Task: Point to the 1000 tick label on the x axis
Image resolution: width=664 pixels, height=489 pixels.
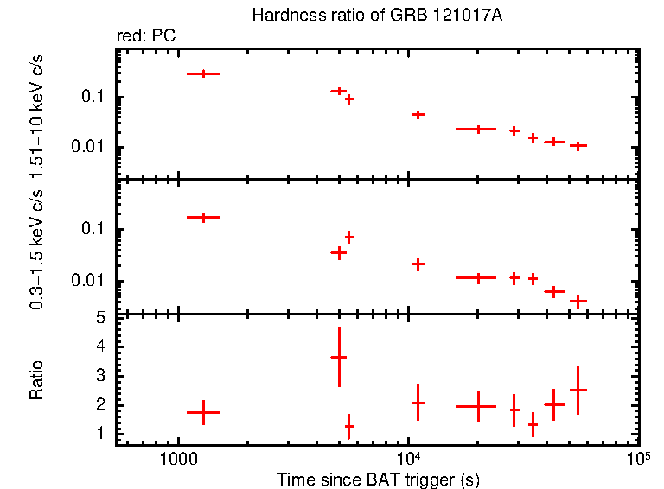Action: coord(177,460)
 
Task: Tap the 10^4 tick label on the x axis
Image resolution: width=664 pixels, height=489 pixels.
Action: coord(407,458)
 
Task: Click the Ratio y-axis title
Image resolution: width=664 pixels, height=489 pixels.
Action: coord(37,381)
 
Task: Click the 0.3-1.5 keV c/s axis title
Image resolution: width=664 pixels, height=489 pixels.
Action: coord(37,248)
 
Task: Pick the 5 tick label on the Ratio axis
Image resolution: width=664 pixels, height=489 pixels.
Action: coord(100,318)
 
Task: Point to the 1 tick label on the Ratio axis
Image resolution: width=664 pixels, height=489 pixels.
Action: coord(100,434)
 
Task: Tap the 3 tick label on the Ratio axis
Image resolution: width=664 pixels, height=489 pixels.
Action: coord(100,376)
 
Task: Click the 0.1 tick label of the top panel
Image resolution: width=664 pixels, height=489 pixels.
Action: coord(93,97)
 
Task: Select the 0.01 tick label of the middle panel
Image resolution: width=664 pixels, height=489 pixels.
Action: coord(89,281)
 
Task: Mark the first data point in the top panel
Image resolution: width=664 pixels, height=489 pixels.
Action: coord(203,73)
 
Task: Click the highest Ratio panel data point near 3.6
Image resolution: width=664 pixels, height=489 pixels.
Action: coord(339,357)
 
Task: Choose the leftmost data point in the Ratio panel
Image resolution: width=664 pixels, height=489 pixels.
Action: coord(203,412)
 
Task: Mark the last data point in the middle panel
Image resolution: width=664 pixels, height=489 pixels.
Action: coord(578,302)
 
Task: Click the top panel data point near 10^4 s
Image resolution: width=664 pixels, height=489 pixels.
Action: coord(418,114)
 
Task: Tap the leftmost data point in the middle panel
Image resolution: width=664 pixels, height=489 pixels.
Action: coord(203,217)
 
